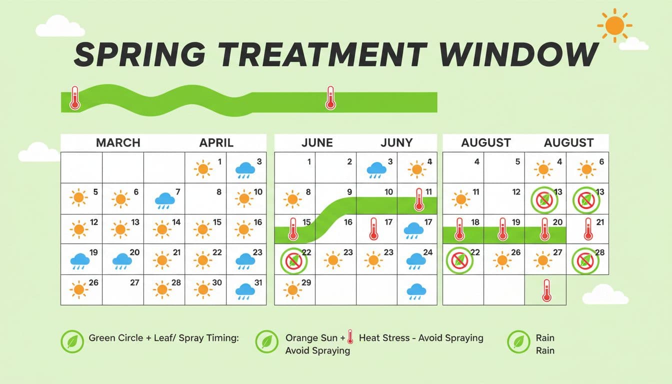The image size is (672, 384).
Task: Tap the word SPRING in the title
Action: point(140,54)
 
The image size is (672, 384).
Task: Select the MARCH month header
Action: point(118,143)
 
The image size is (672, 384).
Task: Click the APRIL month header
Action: point(216,143)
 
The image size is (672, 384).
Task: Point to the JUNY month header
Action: point(396,143)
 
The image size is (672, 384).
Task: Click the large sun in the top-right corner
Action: point(614,25)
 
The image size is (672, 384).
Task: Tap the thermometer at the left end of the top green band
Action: point(74,98)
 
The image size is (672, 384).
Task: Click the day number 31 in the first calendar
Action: point(258,282)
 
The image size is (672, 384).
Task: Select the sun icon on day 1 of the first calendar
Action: point(203,169)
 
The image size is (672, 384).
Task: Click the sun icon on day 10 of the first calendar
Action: point(244,198)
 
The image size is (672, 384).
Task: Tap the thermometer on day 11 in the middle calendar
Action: point(419,199)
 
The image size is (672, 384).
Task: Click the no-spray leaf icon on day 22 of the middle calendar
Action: point(294,261)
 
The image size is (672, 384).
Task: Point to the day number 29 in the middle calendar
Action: point(306,282)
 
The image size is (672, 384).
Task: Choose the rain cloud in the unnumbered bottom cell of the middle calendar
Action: point(416,291)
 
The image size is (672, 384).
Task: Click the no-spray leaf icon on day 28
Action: point(585,261)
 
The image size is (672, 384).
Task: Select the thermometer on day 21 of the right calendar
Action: point(588,229)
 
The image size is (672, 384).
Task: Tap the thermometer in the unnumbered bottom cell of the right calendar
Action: point(546,290)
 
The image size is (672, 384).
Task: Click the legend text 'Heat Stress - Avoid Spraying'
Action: point(421,338)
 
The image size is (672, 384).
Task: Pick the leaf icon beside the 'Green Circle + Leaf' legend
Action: point(72,341)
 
